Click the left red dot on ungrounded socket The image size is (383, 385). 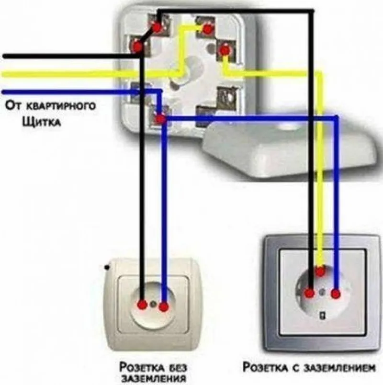[x=142, y=305]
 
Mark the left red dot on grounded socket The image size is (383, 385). [x=310, y=292]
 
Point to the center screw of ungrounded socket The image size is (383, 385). [x=153, y=304]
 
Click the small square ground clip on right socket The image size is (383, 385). [x=322, y=315]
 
